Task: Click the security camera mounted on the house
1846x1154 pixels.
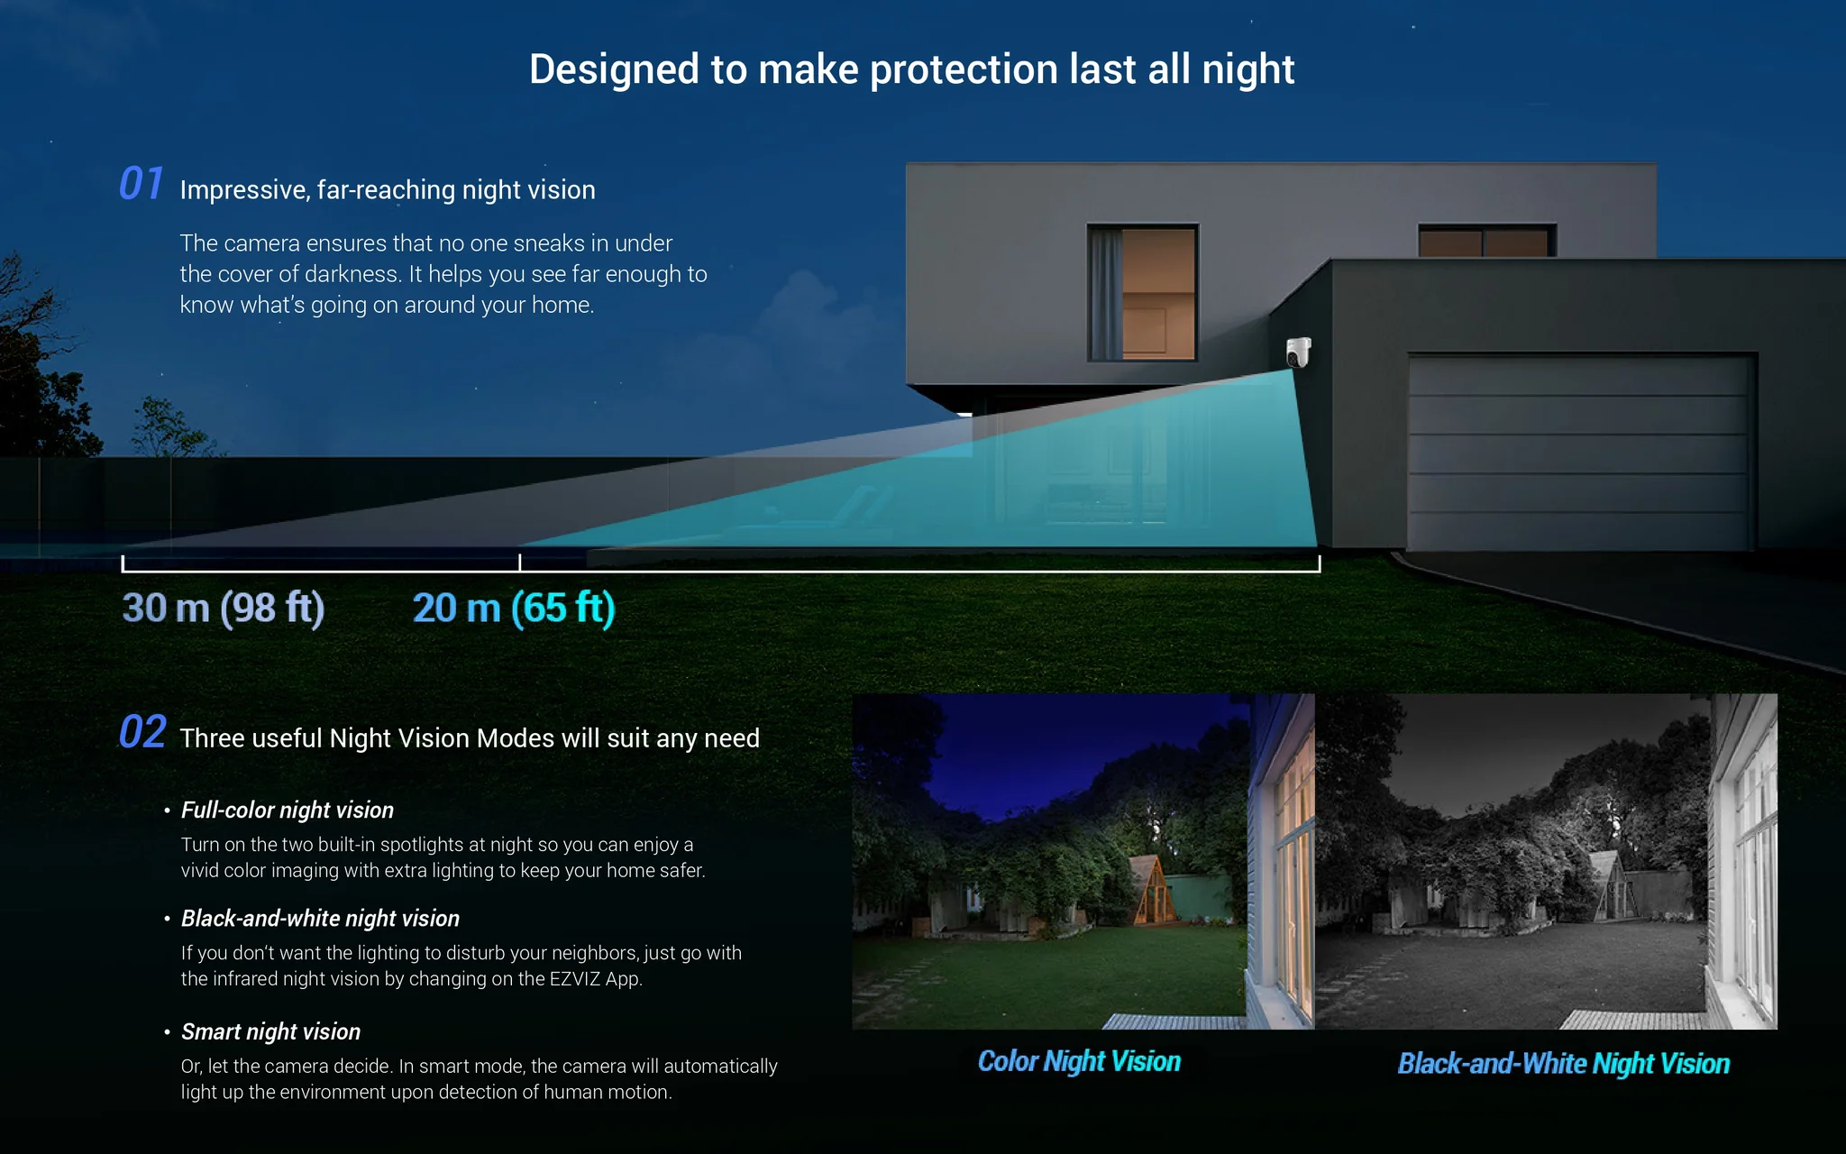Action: [1298, 353]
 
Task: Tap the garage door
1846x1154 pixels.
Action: [1581, 453]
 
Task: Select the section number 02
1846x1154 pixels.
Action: [142, 731]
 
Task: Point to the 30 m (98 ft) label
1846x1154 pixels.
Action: [224, 608]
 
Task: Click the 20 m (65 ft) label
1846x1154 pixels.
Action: [514, 608]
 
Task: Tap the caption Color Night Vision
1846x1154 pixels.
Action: [1079, 1062]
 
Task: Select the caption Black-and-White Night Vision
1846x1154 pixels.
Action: [1564, 1064]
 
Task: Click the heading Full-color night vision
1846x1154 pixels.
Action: [288, 811]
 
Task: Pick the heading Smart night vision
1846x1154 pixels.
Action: [270, 1032]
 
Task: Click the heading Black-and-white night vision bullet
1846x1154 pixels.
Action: [320, 919]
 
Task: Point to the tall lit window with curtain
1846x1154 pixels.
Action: [1143, 292]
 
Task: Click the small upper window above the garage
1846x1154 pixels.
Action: [1486, 241]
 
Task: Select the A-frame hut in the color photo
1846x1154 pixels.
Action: [1153, 889]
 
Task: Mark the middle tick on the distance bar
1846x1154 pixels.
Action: [520, 563]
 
